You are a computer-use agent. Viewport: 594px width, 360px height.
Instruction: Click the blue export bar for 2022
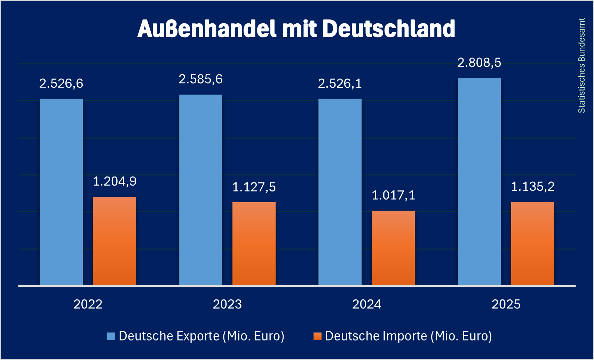(61, 192)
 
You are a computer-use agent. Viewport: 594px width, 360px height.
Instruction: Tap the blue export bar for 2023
(200, 190)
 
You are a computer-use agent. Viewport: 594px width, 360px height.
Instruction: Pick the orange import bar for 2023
(254, 244)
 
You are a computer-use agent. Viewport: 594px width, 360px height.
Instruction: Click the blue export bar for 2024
(340, 192)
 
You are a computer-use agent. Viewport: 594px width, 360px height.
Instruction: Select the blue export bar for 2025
(479, 181)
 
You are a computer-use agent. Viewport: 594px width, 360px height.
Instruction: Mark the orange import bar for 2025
(532, 243)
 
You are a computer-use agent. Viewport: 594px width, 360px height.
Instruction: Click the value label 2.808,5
(479, 63)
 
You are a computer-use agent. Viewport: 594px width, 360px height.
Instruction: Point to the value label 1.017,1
(393, 195)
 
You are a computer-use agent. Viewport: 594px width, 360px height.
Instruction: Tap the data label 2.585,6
(200, 79)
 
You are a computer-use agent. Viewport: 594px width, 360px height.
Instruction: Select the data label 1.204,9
(114, 181)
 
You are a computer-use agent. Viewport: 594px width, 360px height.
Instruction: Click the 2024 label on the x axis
(367, 304)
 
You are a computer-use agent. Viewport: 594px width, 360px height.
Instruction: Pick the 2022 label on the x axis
(88, 304)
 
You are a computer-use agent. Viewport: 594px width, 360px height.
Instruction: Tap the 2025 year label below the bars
(506, 304)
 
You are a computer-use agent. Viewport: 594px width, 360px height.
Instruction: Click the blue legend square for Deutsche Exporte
(111, 336)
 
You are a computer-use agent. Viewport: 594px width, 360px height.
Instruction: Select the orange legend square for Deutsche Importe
(317, 336)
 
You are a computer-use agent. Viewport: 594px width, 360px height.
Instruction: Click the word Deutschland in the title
(389, 29)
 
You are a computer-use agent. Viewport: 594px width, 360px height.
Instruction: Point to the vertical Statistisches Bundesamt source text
(581, 65)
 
